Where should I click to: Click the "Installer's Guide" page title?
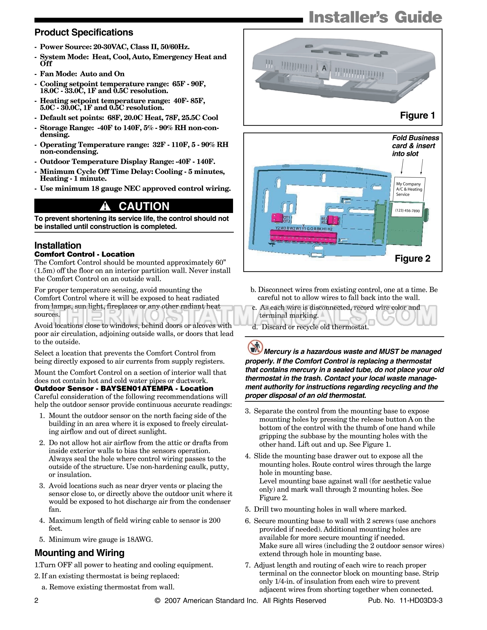click(375, 17)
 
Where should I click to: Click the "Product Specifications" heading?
click(84, 33)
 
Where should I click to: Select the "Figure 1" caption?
click(417, 115)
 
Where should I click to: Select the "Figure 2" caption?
click(412, 258)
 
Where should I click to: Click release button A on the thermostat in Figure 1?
click(324, 68)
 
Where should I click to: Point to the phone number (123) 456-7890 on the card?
click(407, 211)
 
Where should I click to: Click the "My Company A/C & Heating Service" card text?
click(409, 189)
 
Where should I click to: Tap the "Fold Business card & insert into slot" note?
click(415, 146)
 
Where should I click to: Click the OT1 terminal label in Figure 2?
click(286, 217)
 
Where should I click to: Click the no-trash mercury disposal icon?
click(255, 347)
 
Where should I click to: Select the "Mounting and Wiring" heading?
click(79, 553)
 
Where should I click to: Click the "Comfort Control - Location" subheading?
click(84, 254)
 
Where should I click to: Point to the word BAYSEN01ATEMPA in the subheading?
click(137, 388)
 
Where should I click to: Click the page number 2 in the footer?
click(36, 600)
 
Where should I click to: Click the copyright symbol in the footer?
click(158, 600)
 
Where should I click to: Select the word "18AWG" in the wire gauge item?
click(139, 539)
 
